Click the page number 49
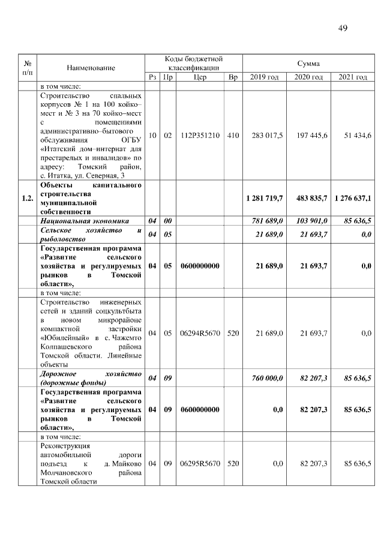click(x=343, y=28)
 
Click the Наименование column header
click(x=91, y=68)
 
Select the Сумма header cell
click(x=308, y=63)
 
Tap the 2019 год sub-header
click(x=264, y=77)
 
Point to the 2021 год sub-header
click(x=353, y=77)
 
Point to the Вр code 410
click(x=233, y=136)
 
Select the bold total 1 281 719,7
click(x=264, y=198)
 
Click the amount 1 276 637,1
click(x=352, y=198)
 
